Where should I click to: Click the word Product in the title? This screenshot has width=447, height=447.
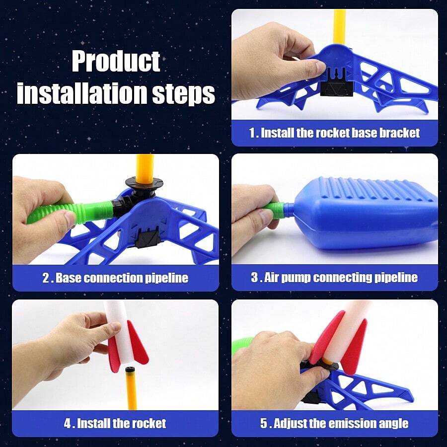pos(116,61)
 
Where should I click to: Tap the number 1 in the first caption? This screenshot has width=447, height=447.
pos(252,133)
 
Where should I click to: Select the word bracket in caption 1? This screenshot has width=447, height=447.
pos(400,133)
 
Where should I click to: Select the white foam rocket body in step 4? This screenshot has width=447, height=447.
pos(125,333)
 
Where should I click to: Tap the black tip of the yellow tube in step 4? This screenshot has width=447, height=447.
pos(131,370)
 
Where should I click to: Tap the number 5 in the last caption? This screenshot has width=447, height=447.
pos(264,424)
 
